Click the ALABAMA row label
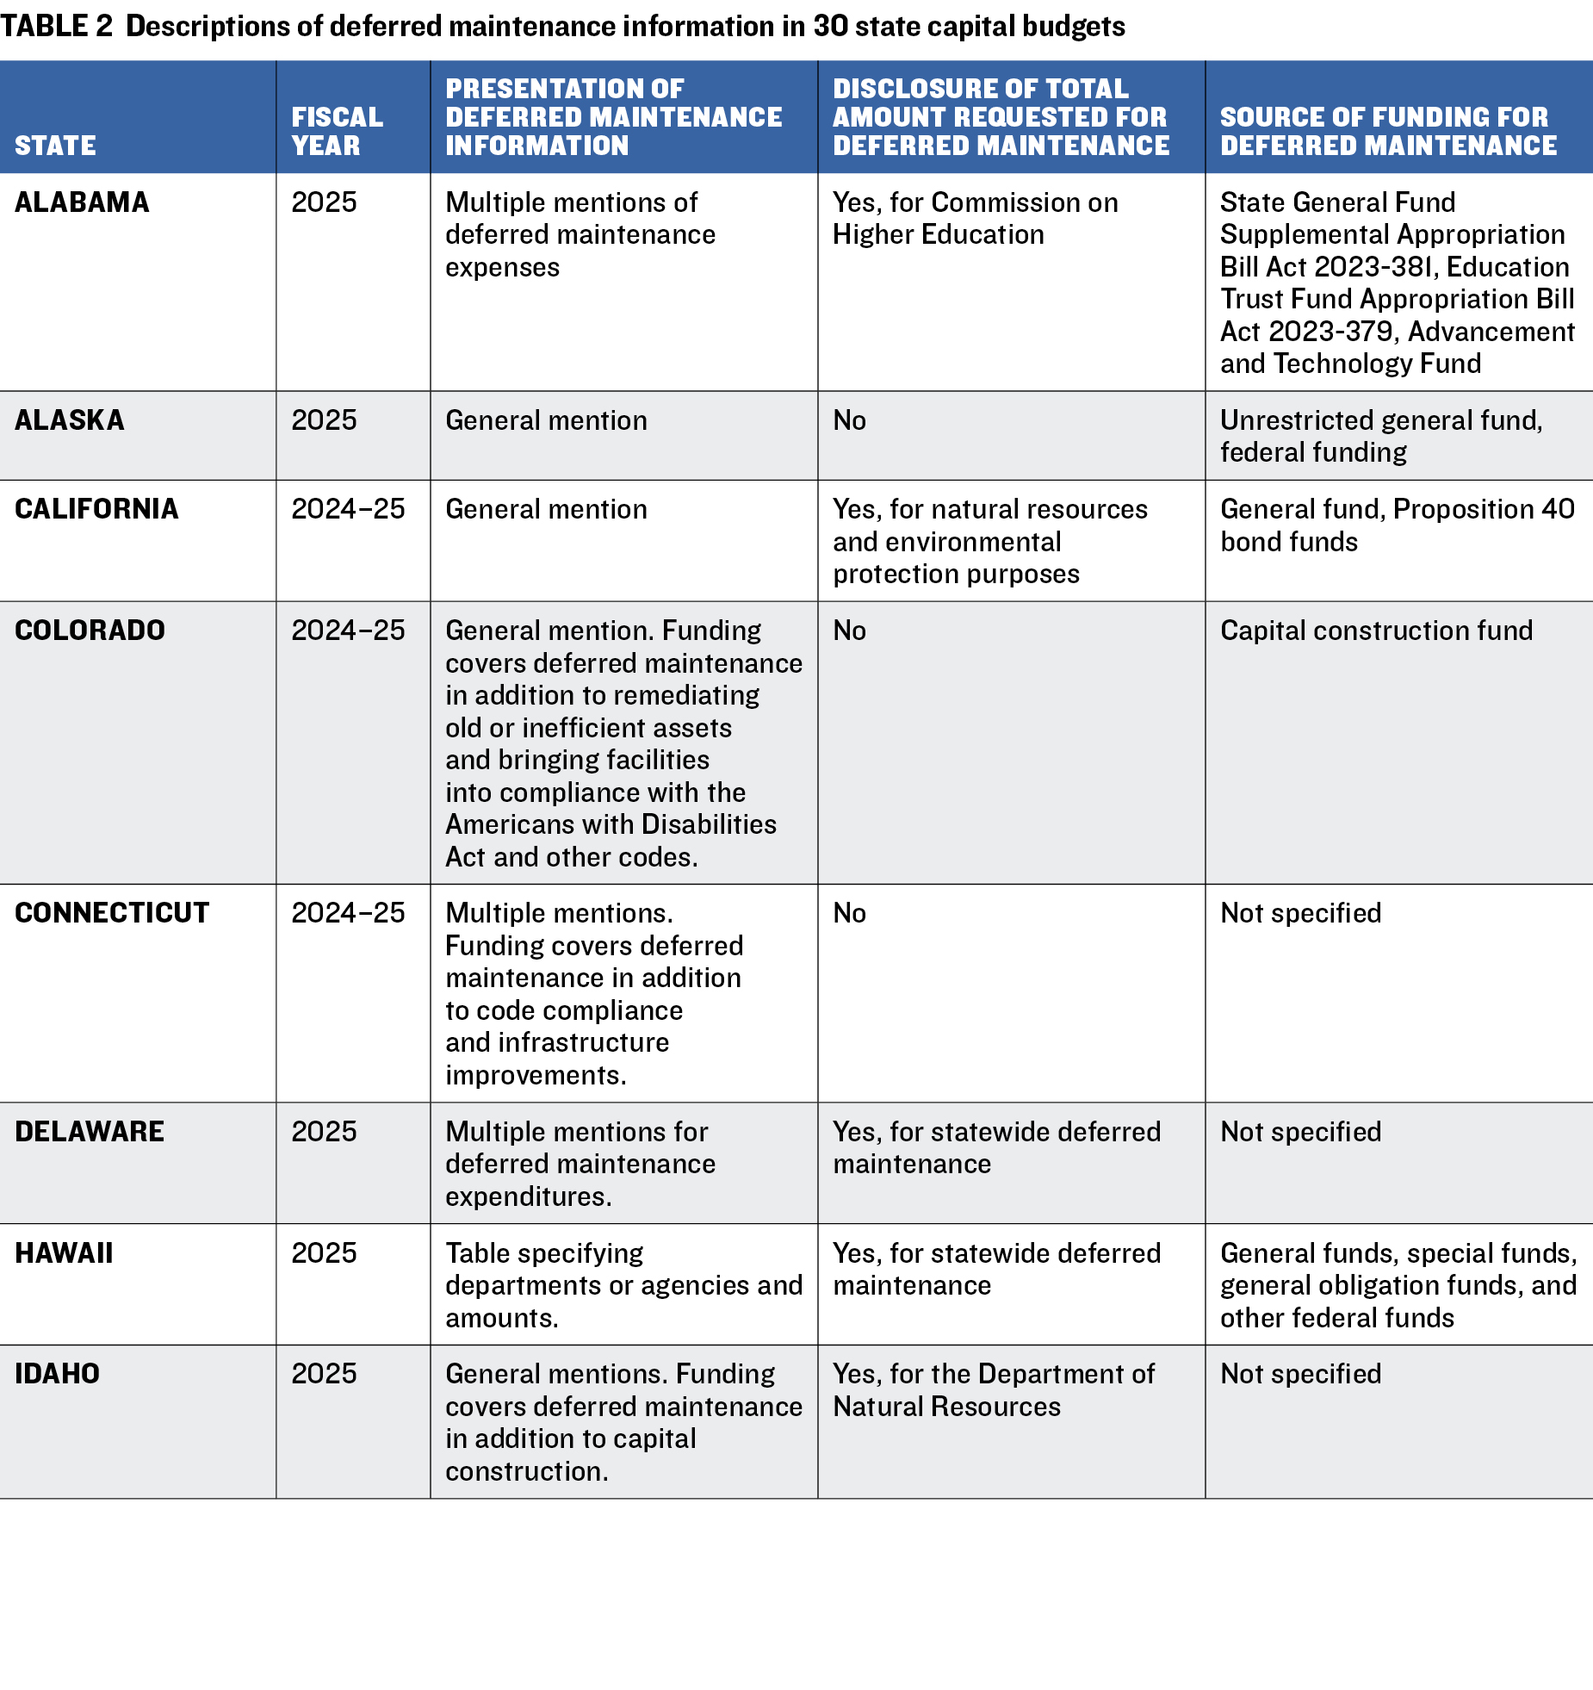click(x=82, y=202)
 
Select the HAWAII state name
click(x=64, y=1253)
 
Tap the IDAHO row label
click(x=57, y=1374)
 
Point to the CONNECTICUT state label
click(x=112, y=913)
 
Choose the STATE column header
click(x=55, y=146)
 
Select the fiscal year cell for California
click(x=348, y=509)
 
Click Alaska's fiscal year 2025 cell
click(x=324, y=420)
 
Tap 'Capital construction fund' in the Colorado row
click(x=1376, y=631)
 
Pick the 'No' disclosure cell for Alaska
click(x=849, y=420)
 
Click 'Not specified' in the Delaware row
click(x=1300, y=1132)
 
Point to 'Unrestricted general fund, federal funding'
click(x=1381, y=436)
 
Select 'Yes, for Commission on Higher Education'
click(x=975, y=218)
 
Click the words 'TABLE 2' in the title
click(x=57, y=27)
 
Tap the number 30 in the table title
click(x=830, y=27)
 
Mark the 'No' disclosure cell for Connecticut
click(x=849, y=913)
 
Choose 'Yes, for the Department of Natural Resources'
click(x=993, y=1390)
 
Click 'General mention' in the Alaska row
click(x=546, y=420)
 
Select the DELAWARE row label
click(x=90, y=1132)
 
